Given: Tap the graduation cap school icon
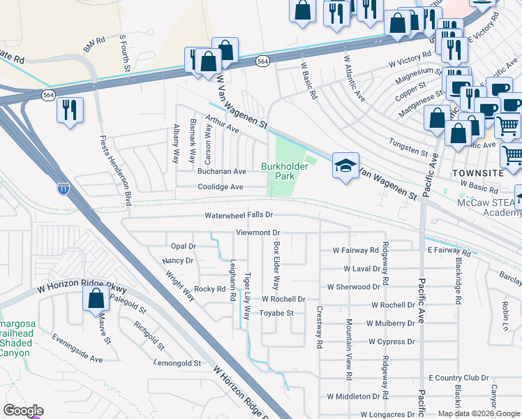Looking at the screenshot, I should click(x=345, y=166).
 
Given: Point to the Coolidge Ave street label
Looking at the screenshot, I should click(x=221, y=187).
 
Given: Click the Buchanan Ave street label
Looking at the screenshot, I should click(x=221, y=171).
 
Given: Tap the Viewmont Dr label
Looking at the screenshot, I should click(x=258, y=232).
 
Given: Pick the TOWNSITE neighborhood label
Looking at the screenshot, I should click(x=478, y=172).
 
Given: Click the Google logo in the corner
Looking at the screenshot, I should click(x=23, y=411).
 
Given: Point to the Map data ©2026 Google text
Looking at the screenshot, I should click(x=478, y=413).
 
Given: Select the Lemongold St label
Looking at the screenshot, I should click(x=177, y=364).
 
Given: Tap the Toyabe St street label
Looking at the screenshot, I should click(x=277, y=314).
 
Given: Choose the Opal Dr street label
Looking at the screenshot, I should click(x=184, y=246).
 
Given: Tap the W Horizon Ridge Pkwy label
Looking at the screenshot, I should click(x=79, y=288).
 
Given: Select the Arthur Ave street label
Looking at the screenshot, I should click(x=222, y=125).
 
